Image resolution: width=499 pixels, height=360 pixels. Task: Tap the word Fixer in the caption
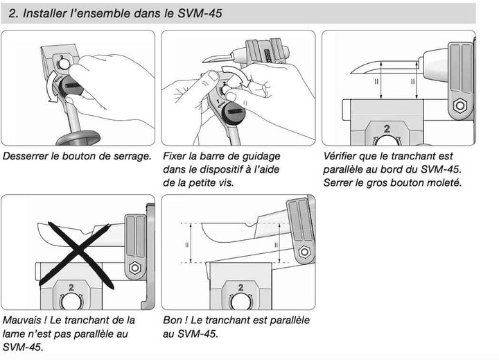176,156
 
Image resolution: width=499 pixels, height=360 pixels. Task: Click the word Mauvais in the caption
23,320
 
